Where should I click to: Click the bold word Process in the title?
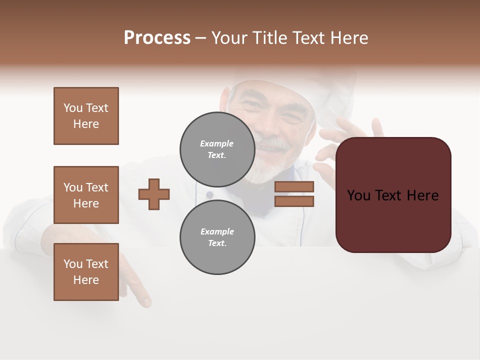coord(157,38)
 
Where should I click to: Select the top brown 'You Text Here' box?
coord(86,116)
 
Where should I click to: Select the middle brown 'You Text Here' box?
coord(86,195)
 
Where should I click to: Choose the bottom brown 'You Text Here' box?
coord(86,272)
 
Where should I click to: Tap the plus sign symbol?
coord(154,194)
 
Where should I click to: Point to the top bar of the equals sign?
coord(294,186)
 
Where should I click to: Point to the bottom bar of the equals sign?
coord(294,201)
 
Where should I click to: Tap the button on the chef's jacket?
coord(209,194)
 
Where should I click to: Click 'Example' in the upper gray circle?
coord(217,143)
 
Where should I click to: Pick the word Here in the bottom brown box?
coord(86,280)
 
